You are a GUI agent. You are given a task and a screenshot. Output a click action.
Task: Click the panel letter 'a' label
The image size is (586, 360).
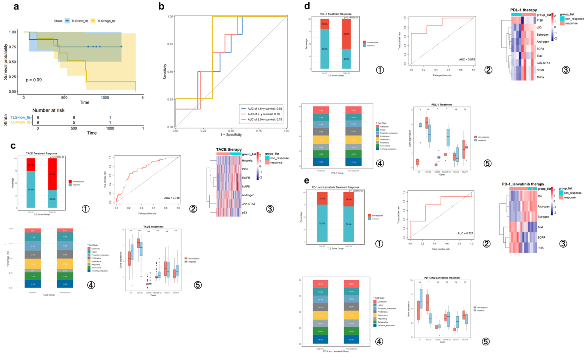click(16, 7)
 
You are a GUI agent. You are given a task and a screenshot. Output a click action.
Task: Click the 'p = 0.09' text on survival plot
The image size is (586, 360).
click(34, 80)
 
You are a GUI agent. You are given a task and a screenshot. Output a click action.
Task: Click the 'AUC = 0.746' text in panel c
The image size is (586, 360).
click(172, 198)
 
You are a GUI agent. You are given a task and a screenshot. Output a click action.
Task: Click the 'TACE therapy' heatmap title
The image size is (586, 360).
click(229, 149)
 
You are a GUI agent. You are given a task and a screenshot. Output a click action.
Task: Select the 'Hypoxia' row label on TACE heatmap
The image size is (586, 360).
click(247, 161)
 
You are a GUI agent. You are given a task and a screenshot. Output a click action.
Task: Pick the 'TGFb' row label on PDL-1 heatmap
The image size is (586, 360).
click(540, 49)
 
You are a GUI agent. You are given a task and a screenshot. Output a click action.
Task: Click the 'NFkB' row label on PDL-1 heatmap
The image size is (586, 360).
click(540, 70)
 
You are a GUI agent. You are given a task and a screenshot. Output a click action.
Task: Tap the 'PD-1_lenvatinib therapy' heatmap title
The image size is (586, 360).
click(523, 184)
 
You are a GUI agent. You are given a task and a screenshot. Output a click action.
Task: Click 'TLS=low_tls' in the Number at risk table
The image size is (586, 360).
click(21, 117)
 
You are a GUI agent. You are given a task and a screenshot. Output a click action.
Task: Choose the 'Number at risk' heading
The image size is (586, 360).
click(48, 110)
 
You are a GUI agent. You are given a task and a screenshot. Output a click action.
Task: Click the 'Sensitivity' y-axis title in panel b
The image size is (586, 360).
click(165, 72)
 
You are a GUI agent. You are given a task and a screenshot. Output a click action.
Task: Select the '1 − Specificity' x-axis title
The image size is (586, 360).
click(231, 135)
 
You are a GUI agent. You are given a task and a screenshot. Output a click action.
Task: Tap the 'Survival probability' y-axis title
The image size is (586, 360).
click(6, 62)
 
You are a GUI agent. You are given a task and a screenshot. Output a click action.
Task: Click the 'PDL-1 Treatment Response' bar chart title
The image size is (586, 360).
click(335, 14)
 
